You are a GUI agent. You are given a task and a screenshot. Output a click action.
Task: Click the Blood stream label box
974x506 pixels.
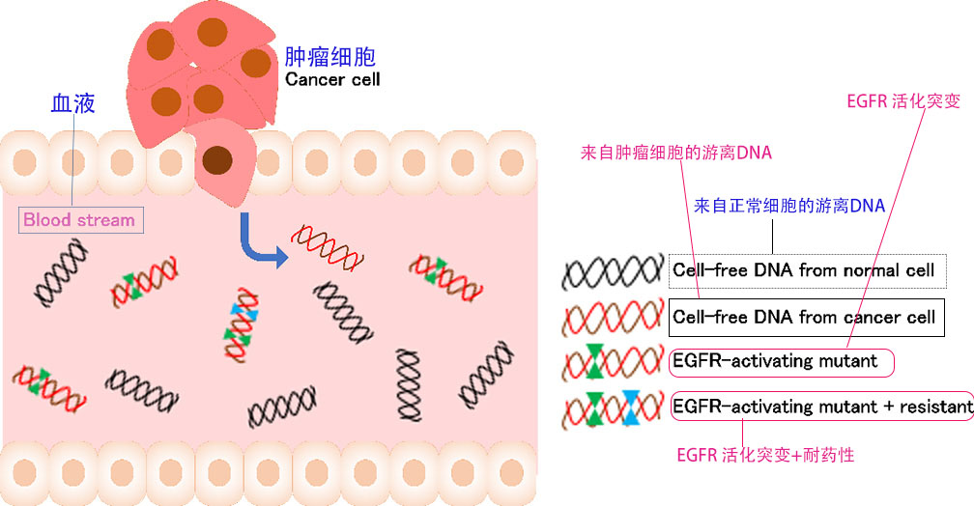79,220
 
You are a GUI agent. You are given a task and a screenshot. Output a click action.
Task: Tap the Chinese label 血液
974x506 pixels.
73,103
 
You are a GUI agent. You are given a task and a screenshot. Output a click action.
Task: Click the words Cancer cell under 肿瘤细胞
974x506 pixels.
332,79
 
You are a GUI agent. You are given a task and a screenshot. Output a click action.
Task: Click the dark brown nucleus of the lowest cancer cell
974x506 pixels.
217,157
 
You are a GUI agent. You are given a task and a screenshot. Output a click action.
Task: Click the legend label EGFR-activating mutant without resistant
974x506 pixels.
781,362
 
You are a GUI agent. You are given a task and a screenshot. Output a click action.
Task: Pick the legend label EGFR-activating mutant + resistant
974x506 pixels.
821,407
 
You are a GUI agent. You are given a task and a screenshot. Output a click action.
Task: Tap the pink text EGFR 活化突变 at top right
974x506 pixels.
890,101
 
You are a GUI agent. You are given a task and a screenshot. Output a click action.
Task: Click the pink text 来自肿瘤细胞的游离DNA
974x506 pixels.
675,153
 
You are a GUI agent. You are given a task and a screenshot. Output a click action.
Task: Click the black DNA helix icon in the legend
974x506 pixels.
613,273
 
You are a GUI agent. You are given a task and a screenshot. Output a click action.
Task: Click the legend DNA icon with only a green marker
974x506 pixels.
613,364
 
